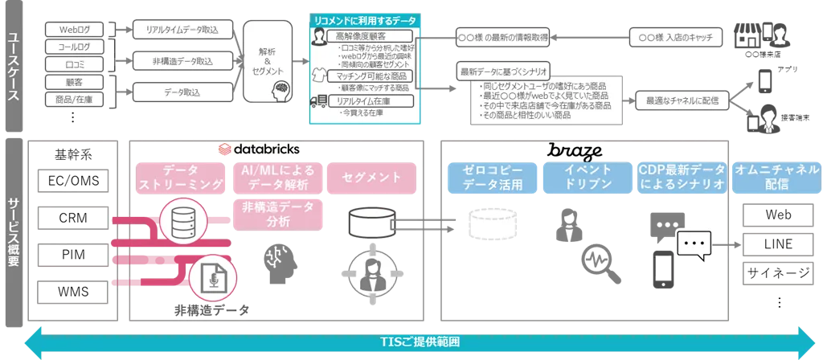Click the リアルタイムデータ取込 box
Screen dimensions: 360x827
182,30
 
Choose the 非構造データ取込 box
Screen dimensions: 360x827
182,61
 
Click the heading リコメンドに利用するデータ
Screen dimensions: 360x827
366,18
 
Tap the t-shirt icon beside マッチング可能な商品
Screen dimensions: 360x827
320,76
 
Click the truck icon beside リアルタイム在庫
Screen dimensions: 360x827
320,101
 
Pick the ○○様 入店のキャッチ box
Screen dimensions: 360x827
675,38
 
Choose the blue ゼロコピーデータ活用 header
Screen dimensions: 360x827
493,178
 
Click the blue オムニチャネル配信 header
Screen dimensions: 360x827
776,178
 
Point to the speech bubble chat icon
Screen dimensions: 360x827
694,242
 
